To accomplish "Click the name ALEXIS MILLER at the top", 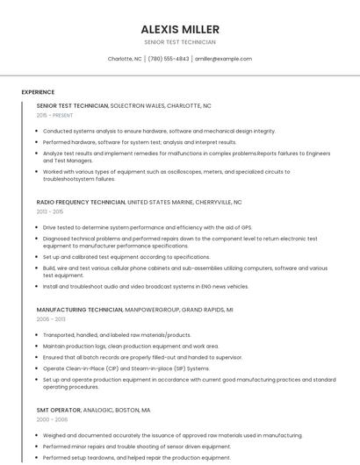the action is point(179,29).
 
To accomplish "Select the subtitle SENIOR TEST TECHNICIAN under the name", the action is point(179,42).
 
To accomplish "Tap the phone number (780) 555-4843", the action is point(169,59).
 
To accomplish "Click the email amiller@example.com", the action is point(223,59).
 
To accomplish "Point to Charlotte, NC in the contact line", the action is point(125,59).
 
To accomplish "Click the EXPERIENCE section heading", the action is point(38,92).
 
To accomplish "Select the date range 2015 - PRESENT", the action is point(55,115).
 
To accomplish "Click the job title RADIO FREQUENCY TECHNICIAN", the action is point(81,202).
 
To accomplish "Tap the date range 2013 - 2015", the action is point(50,211).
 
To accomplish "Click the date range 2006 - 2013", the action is point(51,319).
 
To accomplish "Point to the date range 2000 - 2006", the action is point(51,419).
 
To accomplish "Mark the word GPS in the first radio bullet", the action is point(247,227).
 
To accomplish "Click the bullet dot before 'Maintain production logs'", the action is point(38,347).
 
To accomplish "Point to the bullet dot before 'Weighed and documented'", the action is point(38,435).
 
